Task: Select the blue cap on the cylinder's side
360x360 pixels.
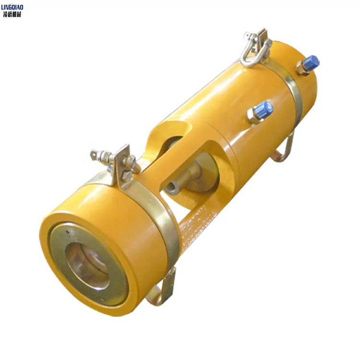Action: (x=264, y=109)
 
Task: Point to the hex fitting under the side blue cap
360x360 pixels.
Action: (x=254, y=116)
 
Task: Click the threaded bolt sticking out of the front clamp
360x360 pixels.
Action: (x=98, y=155)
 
